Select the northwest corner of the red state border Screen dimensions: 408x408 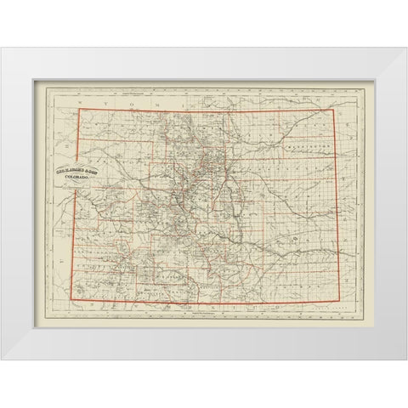tap(81, 109)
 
